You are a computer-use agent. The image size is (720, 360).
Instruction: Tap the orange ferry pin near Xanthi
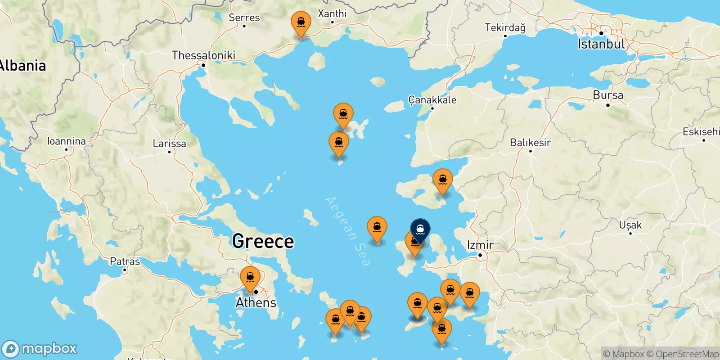[301, 22]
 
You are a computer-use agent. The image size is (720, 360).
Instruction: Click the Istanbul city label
[601, 44]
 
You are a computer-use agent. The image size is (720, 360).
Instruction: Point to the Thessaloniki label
[203, 55]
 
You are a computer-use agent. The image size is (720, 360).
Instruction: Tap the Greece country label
[263, 241]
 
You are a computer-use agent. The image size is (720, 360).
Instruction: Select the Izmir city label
[480, 245]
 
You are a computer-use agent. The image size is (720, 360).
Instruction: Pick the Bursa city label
[608, 95]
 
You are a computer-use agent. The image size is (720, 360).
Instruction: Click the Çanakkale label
[432, 100]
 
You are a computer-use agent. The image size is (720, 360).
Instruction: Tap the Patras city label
[125, 261]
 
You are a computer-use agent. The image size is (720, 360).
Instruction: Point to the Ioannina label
[67, 141]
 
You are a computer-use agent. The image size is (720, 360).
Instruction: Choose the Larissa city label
[169, 144]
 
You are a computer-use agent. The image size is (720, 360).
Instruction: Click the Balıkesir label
[530, 143]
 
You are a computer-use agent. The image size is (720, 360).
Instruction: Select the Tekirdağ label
[505, 27]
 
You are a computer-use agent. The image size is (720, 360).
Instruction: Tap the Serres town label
[244, 18]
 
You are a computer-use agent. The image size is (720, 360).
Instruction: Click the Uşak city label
[630, 225]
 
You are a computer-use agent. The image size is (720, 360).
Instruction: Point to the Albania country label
[22, 66]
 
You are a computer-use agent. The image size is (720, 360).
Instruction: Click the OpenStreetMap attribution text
[687, 354]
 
